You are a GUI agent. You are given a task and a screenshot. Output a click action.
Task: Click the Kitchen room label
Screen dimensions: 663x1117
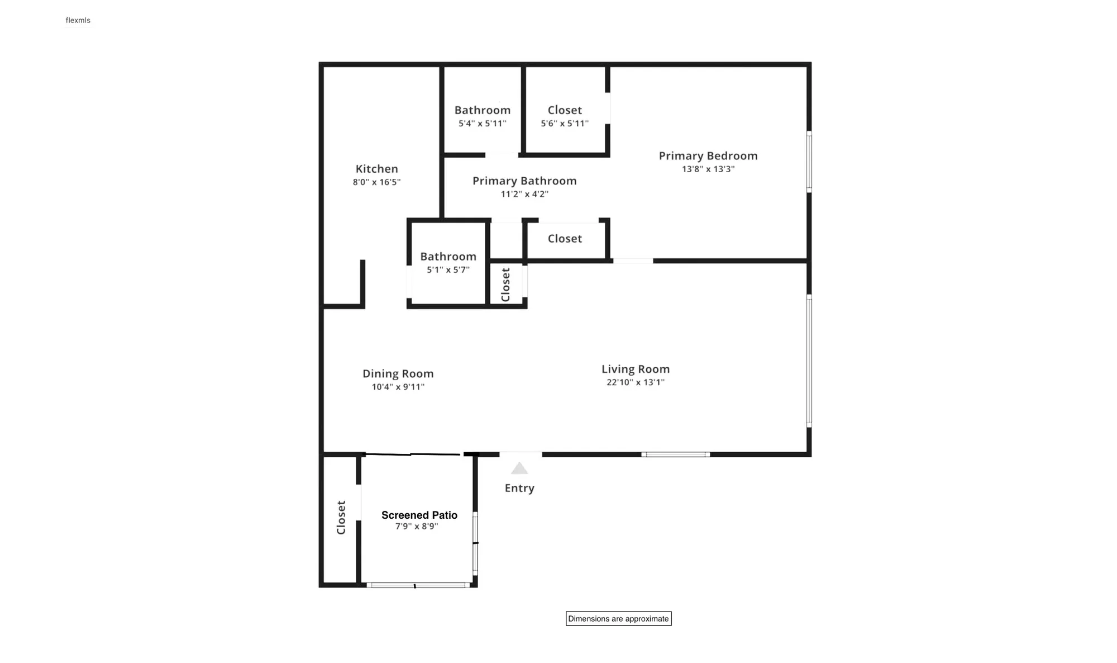click(x=377, y=169)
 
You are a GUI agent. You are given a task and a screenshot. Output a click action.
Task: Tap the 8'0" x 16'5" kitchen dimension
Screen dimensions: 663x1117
click(x=376, y=182)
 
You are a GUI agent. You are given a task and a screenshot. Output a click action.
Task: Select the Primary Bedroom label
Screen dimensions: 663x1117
click(x=708, y=156)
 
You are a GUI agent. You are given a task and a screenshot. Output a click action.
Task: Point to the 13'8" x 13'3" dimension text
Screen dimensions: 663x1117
click(x=708, y=169)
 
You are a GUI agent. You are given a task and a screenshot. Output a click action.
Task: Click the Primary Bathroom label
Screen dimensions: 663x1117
click(x=524, y=181)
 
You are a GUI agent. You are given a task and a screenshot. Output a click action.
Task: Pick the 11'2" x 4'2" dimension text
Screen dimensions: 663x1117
click(x=524, y=195)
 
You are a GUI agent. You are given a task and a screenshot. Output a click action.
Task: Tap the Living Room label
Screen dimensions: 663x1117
click(x=636, y=369)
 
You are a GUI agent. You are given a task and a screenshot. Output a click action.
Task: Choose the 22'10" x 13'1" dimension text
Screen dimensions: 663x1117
click(x=636, y=382)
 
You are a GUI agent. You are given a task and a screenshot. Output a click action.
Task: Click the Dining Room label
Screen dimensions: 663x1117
click(x=398, y=373)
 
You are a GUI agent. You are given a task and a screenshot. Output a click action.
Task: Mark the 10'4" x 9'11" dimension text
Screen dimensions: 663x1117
click(x=398, y=387)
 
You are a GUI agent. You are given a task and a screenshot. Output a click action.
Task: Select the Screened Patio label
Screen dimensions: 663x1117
click(x=419, y=515)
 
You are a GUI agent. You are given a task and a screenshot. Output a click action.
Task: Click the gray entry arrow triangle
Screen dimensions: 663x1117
click(x=519, y=468)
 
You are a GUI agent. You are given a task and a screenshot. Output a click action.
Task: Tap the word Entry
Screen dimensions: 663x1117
click(x=519, y=488)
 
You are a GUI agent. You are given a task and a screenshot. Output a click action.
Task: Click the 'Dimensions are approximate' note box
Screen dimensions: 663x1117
click(x=618, y=618)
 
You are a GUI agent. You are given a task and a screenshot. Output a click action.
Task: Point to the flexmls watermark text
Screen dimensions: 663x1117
click(x=78, y=21)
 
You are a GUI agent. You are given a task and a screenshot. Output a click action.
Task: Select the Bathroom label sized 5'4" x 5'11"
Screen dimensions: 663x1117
click(x=483, y=110)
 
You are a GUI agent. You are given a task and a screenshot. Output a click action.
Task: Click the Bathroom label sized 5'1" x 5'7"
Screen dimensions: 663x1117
click(x=448, y=257)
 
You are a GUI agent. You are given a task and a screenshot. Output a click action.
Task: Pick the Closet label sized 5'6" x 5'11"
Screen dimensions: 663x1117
click(x=565, y=110)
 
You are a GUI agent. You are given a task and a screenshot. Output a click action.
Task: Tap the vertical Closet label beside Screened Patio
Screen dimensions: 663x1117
click(x=341, y=518)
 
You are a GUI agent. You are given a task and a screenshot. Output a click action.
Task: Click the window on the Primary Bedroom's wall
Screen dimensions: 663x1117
click(x=809, y=162)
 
